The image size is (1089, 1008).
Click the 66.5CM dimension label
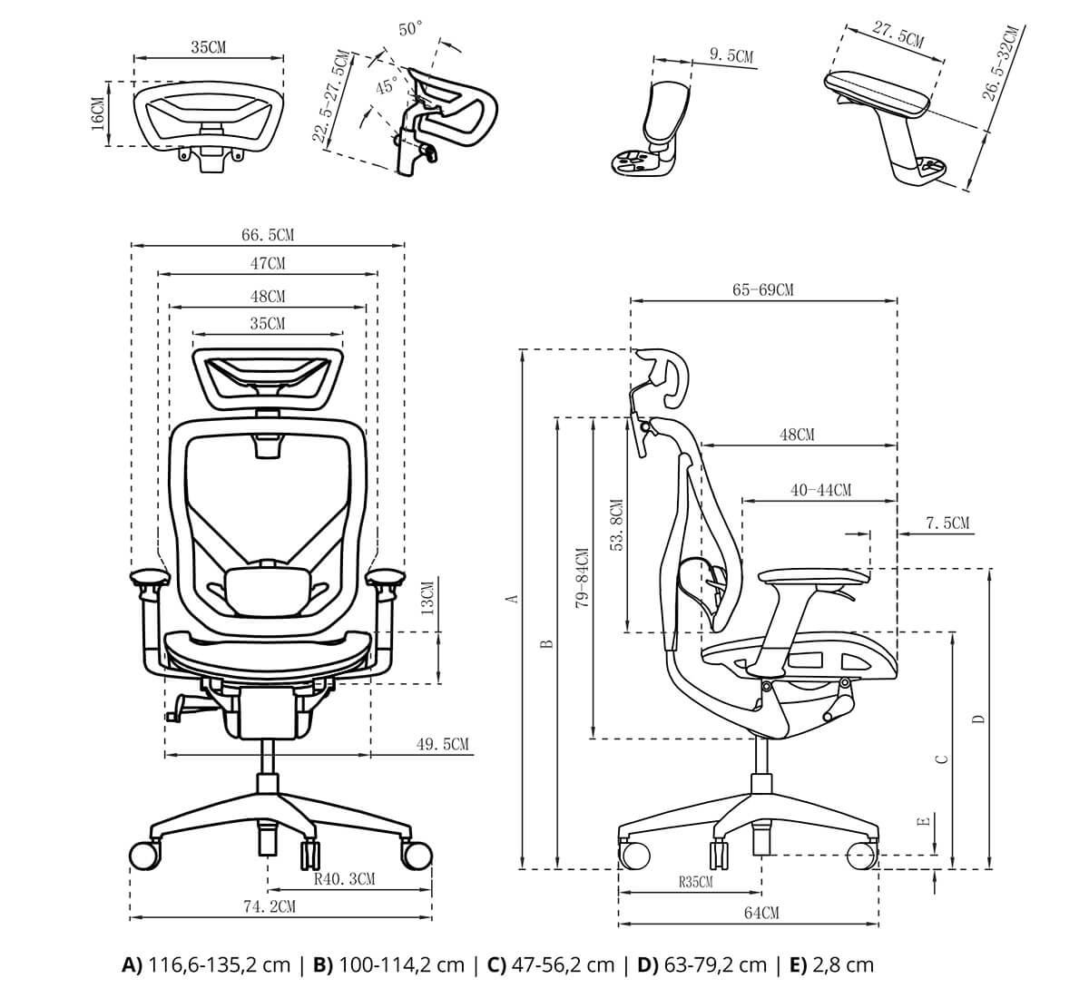pyautogui.click(x=268, y=235)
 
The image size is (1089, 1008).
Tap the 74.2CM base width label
pyautogui.click(x=269, y=905)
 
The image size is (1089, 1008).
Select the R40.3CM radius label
pyautogui.click(x=344, y=878)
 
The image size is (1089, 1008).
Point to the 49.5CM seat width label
pyautogui.click(x=443, y=745)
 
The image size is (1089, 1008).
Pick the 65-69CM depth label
pyautogui.click(x=762, y=289)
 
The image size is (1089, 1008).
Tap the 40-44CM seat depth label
pyautogui.click(x=820, y=490)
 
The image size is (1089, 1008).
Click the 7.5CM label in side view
pyautogui.click(x=947, y=524)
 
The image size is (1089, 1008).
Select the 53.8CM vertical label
pyautogui.click(x=616, y=525)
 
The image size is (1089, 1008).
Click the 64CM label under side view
pyautogui.click(x=761, y=913)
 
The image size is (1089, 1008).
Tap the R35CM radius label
pyautogui.click(x=695, y=881)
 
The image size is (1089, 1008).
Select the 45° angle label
pyautogui.click(x=387, y=87)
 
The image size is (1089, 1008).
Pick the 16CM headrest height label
pyautogui.click(x=97, y=113)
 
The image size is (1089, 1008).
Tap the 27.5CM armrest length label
pyautogui.click(x=898, y=35)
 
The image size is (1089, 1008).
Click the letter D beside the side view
pyautogui.click(x=977, y=719)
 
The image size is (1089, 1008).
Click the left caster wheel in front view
pyautogui.click(x=144, y=855)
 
